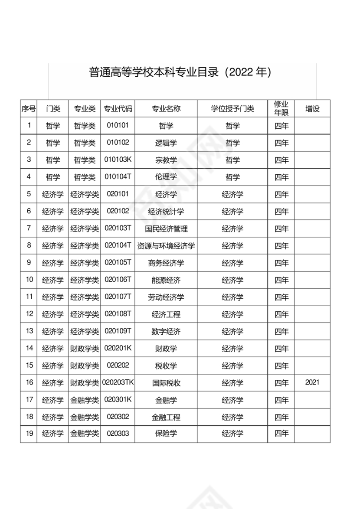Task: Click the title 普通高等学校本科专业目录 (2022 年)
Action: (180, 72)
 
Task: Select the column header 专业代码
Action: (118, 109)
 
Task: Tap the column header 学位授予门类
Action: (232, 109)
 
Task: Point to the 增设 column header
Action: (312, 109)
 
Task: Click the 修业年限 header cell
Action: (281, 108)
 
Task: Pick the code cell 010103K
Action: (118, 160)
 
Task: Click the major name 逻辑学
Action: (166, 143)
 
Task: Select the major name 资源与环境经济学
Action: (166, 246)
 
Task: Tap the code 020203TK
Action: (118, 382)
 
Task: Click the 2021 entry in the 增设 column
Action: (312, 382)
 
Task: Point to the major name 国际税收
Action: (166, 383)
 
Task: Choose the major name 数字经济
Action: (166, 332)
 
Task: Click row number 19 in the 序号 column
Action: (29, 434)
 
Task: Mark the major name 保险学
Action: (166, 434)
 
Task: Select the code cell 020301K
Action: (118, 399)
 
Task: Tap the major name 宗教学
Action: (166, 160)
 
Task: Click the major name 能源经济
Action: (166, 280)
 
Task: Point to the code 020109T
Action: (118, 331)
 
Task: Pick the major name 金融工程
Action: (166, 417)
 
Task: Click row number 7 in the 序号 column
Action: (29, 228)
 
